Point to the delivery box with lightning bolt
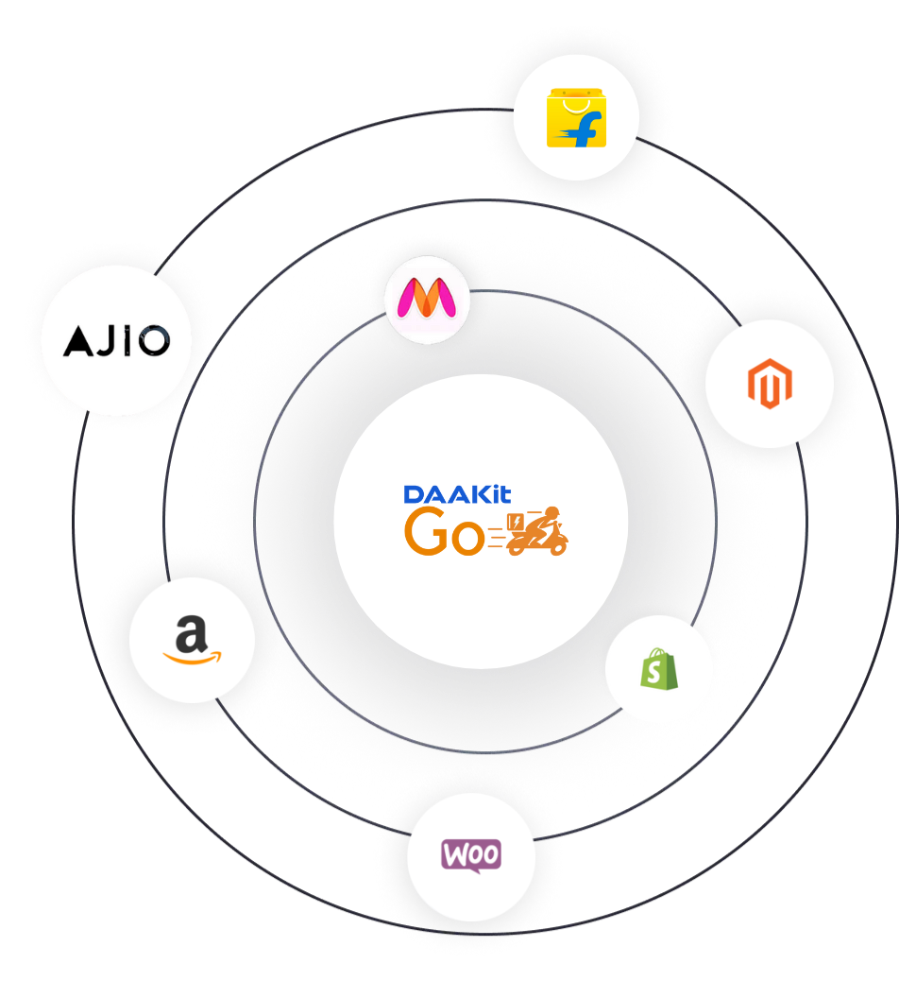pyautogui.click(x=516, y=523)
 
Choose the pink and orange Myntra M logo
pyautogui.click(x=427, y=300)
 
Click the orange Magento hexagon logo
pyautogui.click(x=769, y=384)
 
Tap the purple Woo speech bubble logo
pyautogui.click(x=471, y=855)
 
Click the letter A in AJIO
pyautogui.click(x=78, y=340)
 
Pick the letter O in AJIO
pyautogui.click(x=153, y=340)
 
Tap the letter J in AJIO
pyautogui.click(x=106, y=340)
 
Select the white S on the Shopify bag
pyautogui.click(x=659, y=673)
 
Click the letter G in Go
pyautogui.click(x=426, y=533)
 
